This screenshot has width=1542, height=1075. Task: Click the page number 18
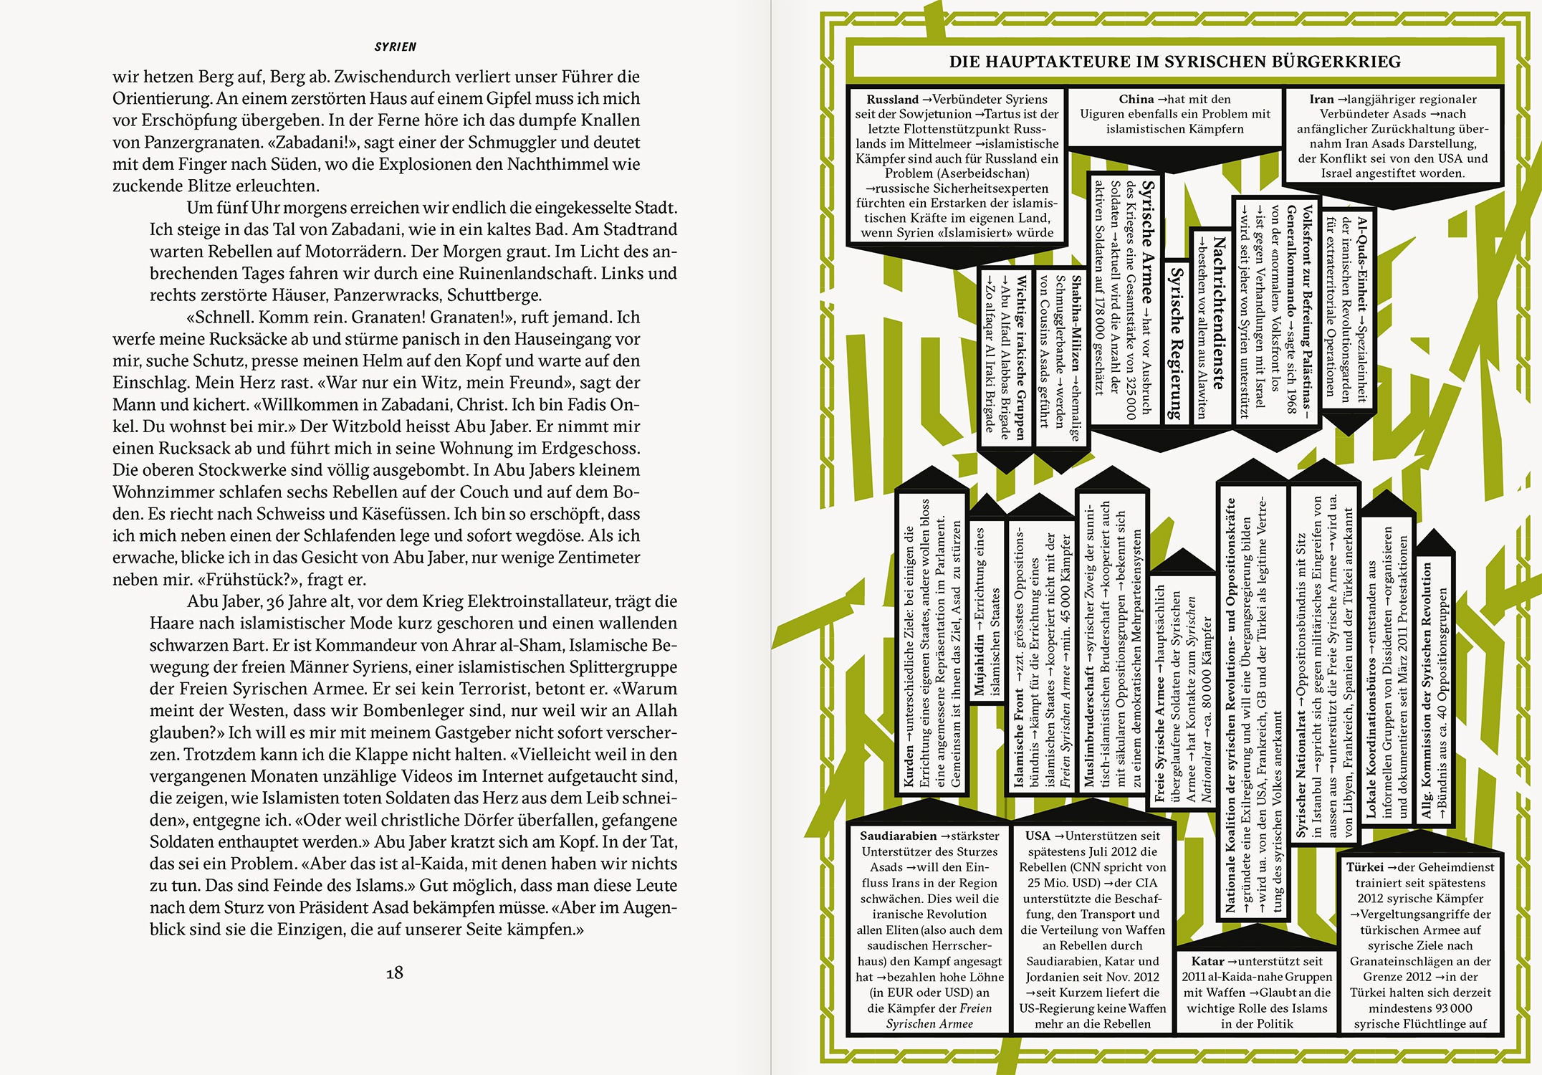point(394,973)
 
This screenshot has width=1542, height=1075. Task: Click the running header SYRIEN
point(395,47)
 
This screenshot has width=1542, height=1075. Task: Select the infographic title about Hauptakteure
point(1174,62)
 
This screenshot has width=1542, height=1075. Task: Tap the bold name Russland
point(891,100)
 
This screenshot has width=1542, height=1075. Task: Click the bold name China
point(1136,100)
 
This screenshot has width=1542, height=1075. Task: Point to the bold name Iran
point(1321,100)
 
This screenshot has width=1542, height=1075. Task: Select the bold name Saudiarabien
point(898,836)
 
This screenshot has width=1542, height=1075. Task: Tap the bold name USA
point(1037,836)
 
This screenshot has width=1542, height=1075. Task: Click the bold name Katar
point(1207,961)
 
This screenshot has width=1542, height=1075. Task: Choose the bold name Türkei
point(1364,867)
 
